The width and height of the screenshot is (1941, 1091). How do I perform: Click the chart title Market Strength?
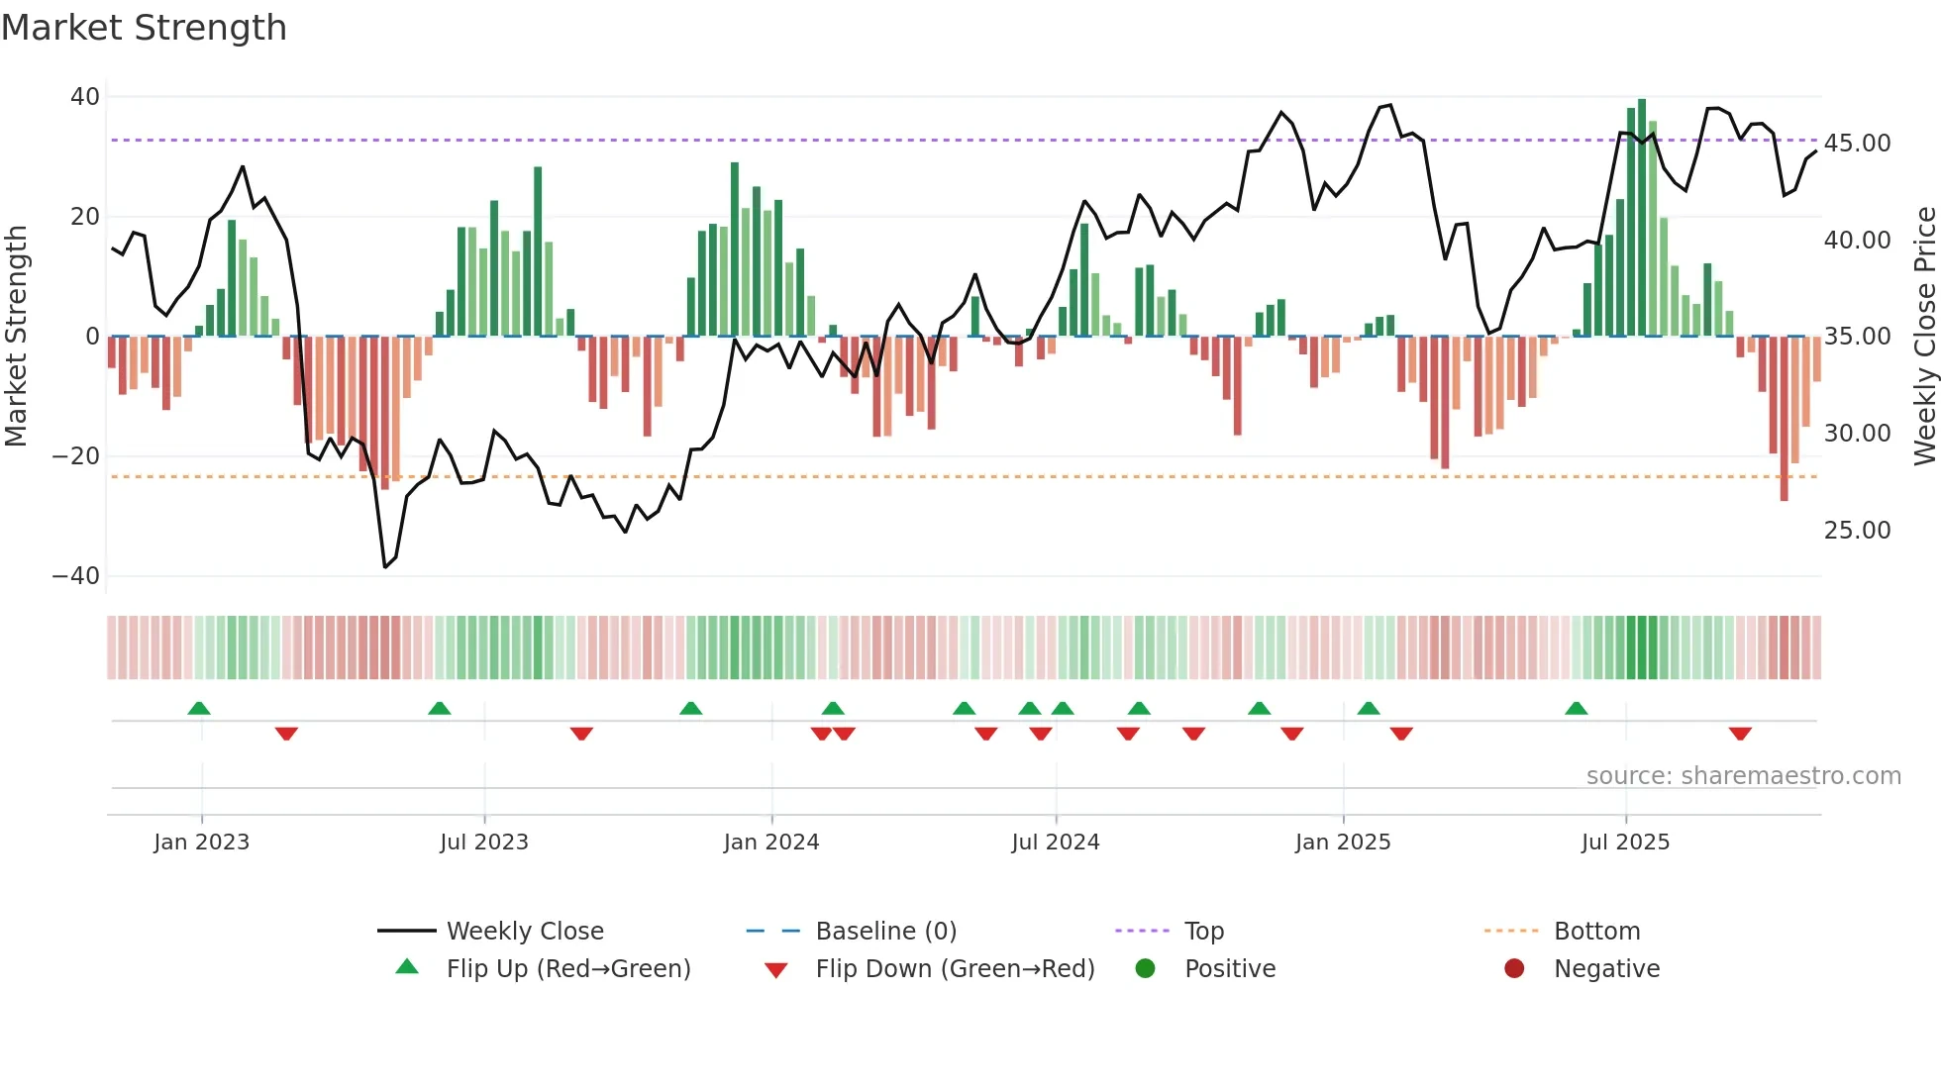click(x=144, y=28)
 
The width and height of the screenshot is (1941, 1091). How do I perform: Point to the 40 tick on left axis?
click(x=85, y=97)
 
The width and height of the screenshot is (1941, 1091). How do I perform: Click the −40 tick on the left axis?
click(x=76, y=576)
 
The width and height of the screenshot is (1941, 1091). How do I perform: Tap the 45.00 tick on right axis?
click(x=1857, y=144)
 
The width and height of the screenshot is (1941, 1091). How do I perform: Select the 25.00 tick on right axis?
click(x=1857, y=531)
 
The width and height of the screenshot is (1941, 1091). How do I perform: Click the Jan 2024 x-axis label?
click(x=771, y=843)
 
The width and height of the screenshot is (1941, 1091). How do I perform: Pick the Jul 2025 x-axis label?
click(x=1625, y=843)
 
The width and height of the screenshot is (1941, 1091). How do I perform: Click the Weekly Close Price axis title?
click(x=1924, y=337)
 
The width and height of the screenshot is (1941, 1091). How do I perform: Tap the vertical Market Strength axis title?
click(x=16, y=337)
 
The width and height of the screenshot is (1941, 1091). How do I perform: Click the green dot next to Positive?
click(x=1146, y=969)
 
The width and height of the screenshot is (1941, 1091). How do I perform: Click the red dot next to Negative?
click(x=1514, y=969)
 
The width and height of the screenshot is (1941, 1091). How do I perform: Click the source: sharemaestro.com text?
click(x=1743, y=776)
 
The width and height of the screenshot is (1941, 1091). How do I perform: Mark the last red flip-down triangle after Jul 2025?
click(x=1740, y=734)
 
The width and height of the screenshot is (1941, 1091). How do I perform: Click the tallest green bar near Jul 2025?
click(x=1642, y=218)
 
